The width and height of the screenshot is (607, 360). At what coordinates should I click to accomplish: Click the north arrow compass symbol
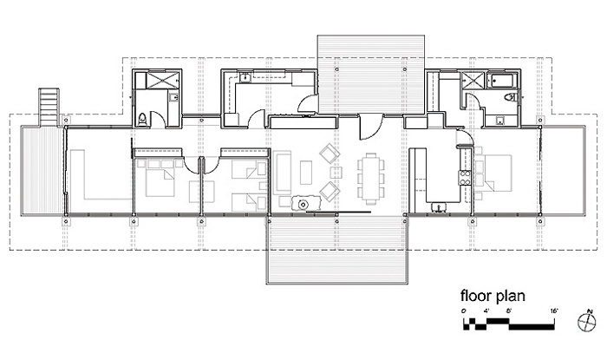tap(586, 321)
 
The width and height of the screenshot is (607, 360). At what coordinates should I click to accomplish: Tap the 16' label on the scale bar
tap(553, 311)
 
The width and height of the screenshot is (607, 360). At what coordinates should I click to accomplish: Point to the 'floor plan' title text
tap(493, 296)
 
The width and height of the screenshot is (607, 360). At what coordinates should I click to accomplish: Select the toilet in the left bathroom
tap(142, 119)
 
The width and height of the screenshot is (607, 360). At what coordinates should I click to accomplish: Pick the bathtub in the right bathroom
tap(502, 81)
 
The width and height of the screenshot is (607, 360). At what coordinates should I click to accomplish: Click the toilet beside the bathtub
tap(511, 97)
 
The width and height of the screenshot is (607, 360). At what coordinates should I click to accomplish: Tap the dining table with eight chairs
tap(371, 179)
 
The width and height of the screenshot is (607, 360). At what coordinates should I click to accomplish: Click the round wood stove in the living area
tap(303, 204)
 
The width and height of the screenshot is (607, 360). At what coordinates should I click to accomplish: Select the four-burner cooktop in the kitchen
tap(465, 177)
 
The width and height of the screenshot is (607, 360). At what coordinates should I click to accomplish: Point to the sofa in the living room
tap(282, 173)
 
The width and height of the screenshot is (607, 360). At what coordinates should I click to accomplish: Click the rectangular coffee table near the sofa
tap(306, 173)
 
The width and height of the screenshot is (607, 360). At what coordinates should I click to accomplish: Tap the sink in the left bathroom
tap(173, 97)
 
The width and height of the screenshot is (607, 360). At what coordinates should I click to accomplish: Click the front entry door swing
tap(371, 126)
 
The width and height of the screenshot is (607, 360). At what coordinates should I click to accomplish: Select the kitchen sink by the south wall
tap(439, 208)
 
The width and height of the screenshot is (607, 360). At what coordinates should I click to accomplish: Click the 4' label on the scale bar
tap(486, 311)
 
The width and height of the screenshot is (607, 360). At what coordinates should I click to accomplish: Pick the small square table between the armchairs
tap(336, 172)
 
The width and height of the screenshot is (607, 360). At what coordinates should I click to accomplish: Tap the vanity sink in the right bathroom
tap(500, 121)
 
